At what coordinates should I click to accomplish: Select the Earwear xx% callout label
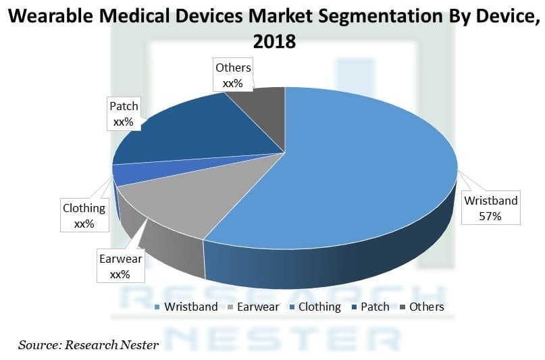click(x=121, y=266)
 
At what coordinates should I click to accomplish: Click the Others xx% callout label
click(x=232, y=75)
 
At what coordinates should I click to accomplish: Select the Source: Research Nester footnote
click(x=88, y=345)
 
